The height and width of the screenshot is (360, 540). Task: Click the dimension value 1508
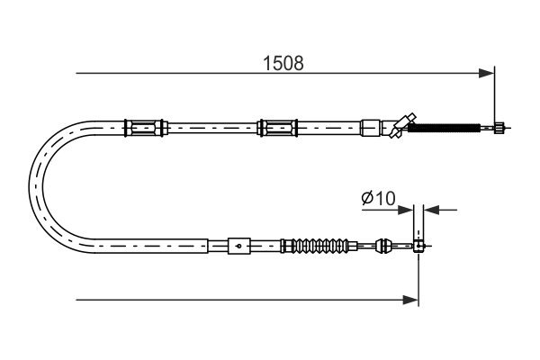click(283, 63)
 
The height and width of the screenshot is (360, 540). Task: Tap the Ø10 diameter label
click(378, 198)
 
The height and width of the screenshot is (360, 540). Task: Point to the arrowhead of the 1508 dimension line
click(486, 73)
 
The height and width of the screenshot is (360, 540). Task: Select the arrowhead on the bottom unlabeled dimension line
click(410, 300)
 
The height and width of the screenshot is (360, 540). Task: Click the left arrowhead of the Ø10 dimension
click(405, 210)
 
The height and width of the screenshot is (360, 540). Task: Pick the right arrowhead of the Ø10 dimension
click(431, 210)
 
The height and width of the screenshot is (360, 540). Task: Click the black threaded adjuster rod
click(444, 128)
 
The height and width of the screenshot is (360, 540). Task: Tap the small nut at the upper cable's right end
click(499, 128)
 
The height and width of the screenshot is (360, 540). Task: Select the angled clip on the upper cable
click(402, 125)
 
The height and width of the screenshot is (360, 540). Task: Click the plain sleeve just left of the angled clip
click(370, 128)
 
